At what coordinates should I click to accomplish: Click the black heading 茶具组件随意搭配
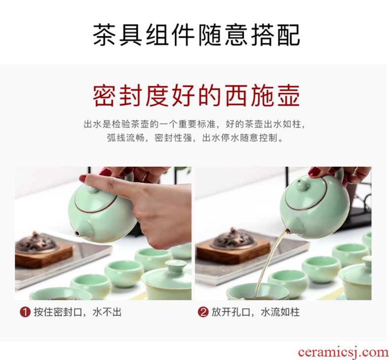(196, 35)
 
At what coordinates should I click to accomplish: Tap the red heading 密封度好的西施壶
(196, 95)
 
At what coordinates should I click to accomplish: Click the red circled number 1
(25, 312)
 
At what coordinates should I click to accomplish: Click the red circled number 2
(203, 312)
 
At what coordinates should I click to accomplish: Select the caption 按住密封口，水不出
(78, 312)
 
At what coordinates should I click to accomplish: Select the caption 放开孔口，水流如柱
(256, 312)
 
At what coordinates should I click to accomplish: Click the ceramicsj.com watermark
(343, 352)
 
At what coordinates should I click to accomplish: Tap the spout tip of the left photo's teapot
(77, 233)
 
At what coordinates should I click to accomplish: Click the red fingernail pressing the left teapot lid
(83, 178)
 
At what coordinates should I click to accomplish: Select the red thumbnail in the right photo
(314, 172)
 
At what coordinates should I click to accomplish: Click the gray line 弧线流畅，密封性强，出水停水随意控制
(195, 138)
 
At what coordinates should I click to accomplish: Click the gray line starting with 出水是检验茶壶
(194, 124)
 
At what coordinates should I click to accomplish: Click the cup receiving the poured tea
(258, 292)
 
